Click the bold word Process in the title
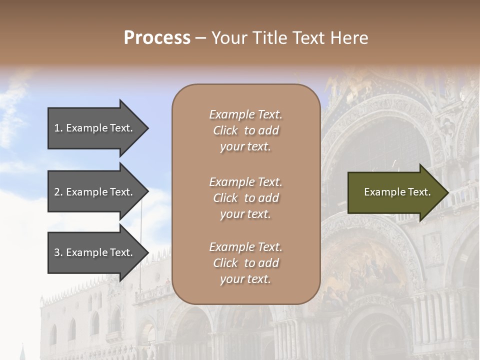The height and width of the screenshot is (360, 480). coord(157,38)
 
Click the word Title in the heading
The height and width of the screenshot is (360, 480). coord(269,38)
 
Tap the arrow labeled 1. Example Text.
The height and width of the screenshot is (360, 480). coord(95,128)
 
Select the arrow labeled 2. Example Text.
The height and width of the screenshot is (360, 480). coord(95,192)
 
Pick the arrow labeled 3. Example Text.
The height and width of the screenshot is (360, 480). coord(95,252)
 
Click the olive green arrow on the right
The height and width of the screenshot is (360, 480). coord(395,192)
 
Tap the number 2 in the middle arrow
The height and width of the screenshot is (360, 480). coord(57,192)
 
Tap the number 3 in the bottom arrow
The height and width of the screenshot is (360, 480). coord(57,252)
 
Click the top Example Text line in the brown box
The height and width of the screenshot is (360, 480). coord(245,114)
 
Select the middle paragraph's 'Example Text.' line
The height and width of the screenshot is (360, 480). coord(245,182)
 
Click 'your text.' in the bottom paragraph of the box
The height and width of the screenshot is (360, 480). coord(245,279)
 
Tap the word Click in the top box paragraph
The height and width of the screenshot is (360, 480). coord(225,130)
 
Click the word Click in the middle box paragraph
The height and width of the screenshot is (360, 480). coord(225,198)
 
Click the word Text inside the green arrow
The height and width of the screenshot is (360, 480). coord(417,192)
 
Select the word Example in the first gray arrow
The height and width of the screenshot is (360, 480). coord(86,128)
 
